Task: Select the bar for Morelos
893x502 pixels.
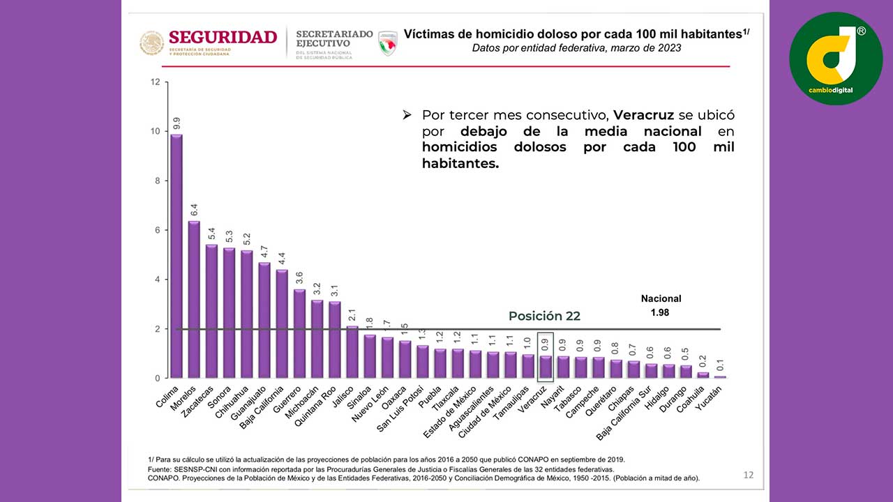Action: pos(194,300)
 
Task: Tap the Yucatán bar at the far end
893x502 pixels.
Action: pos(721,376)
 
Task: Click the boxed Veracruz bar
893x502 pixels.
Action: pos(546,367)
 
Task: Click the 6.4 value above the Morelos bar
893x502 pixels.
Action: pos(194,210)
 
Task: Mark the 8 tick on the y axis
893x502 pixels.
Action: pos(156,181)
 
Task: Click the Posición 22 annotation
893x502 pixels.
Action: pos(544,316)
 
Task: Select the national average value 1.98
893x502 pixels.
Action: pos(659,312)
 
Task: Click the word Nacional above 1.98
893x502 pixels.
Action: pos(661,298)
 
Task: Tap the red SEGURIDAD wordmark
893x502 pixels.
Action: pos(223,37)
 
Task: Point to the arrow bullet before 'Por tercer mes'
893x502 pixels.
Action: pos(407,114)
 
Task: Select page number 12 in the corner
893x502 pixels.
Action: pos(748,476)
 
